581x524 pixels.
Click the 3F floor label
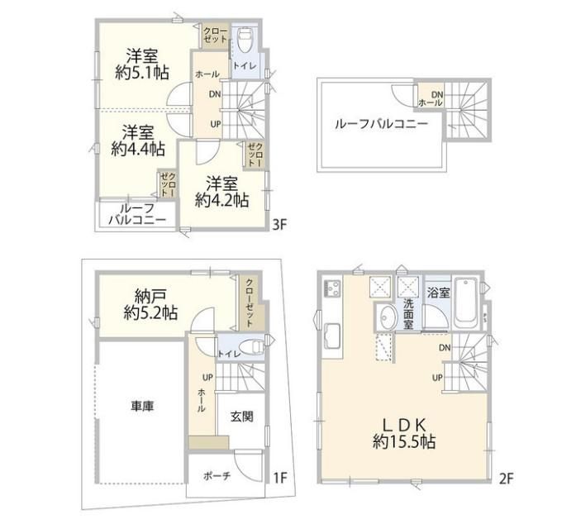pyautogui.click(x=279, y=225)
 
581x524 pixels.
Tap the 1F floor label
pyautogui.click(x=279, y=478)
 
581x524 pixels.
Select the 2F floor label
pyautogui.click(x=506, y=479)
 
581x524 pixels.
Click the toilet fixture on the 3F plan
pyautogui.click(x=245, y=40)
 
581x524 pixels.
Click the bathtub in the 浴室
pyautogui.click(x=465, y=302)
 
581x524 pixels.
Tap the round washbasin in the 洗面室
pyautogui.click(x=388, y=317)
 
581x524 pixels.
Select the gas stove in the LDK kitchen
pyautogui.click(x=332, y=288)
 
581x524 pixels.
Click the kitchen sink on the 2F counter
pyautogui.click(x=333, y=337)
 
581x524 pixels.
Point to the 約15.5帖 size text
pyautogui.click(x=404, y=441)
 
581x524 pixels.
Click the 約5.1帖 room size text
pyautogui.click(x=142, y=73)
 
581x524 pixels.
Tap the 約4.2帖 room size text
pyautogui.click(x=221, y=201)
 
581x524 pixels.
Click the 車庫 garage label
pyautogui.click(x=142, y=407)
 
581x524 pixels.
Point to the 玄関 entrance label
pyautogui.click(x=241, y=417)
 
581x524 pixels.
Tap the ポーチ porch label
pyautogui.click(x=217, y=476)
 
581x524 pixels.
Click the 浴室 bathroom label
pyautogui.click(x=438, y=293)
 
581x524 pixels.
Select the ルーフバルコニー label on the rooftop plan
pyautogui.click(x=381, y=124)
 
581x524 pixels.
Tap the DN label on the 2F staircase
pyautogui.click(x=445, y=348)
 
